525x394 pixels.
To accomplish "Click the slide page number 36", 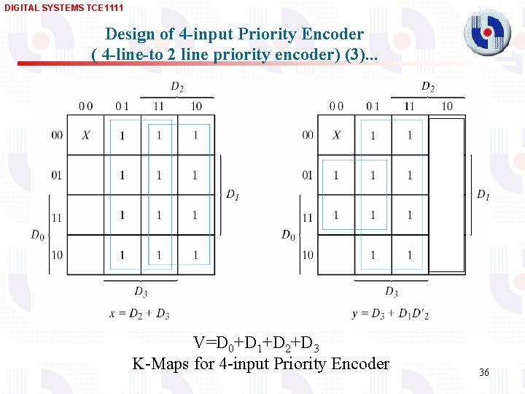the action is click(484, 373).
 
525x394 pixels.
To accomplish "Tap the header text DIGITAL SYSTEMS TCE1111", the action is click(64, 7).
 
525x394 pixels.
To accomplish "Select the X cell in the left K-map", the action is click(86, 135).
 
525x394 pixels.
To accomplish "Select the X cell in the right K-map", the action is click(336, 135).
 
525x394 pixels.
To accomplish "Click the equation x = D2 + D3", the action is click(140, 314).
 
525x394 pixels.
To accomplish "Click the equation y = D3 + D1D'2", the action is click(390, 314).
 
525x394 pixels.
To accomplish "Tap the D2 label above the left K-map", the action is click(177, 87).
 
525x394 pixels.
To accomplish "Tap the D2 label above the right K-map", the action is click(428, 87).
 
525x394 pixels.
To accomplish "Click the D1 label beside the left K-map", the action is click(232, 194).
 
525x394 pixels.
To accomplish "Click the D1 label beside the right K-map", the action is click(483, 194).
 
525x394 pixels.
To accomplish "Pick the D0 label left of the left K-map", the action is click(38, 234).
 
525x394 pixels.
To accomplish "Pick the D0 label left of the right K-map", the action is click(289, 234).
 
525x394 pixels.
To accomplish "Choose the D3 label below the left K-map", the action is click(141, 292).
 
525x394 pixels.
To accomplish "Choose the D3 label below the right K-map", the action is click(392, 292).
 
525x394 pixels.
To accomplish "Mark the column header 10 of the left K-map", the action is click(195, 107).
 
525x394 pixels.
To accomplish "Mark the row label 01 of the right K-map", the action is click(307, 175).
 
